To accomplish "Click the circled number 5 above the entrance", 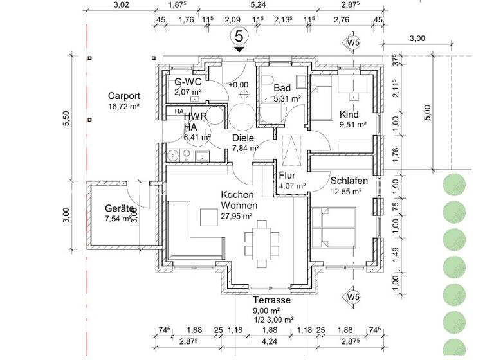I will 239,35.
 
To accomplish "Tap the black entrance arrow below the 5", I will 239,50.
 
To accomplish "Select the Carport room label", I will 123,96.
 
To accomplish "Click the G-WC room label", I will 188,82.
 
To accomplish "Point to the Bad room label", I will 282,88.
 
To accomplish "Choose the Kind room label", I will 350,114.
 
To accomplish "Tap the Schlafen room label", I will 349,181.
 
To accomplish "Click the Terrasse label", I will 272,300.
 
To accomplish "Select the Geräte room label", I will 120,209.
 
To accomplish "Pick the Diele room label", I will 243,138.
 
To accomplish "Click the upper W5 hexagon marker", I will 352,44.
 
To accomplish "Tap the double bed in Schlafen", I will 334,229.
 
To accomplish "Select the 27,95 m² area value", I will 237,216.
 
